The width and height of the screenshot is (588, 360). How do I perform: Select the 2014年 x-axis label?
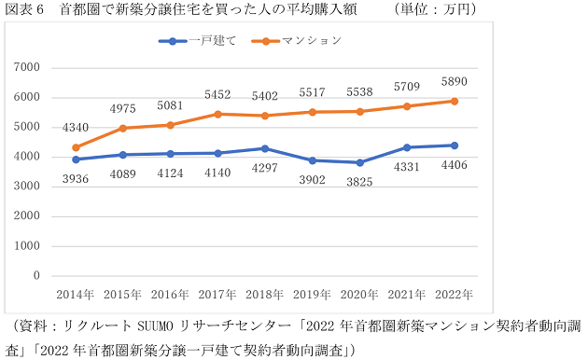point(76,294)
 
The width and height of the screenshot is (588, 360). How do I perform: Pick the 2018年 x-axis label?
point(264,294)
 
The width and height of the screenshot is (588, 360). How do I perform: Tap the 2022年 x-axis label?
point(454,294)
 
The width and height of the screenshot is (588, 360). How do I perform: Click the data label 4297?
point(264,170)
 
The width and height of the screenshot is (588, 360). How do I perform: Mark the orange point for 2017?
point(217,114)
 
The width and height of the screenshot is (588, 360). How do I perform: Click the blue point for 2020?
point(359,162)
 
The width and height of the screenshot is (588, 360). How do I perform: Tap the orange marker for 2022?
point(454,101)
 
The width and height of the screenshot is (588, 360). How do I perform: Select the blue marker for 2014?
point(76,159)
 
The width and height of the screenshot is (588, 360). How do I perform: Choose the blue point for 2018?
point(264,148)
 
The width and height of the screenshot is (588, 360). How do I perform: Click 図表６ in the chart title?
point(25,9)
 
